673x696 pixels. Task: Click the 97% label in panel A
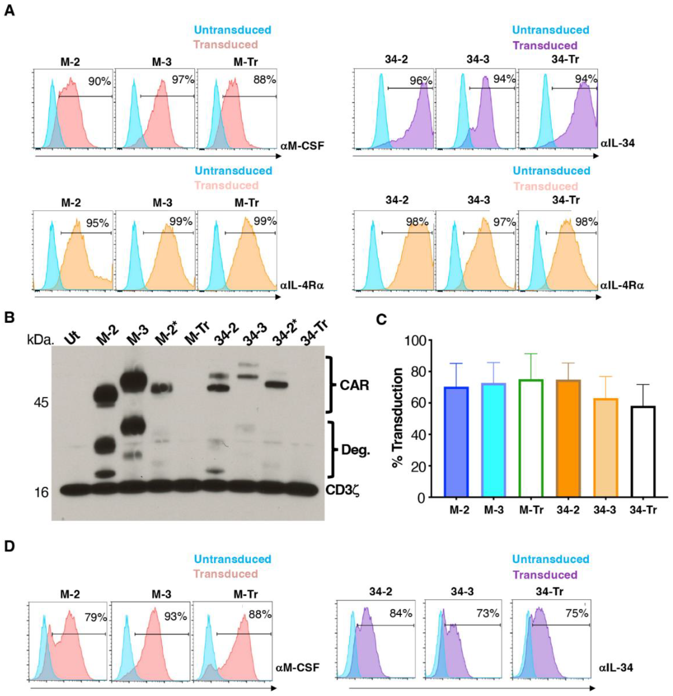[x=183, y=80]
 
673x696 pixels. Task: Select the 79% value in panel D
[x=96, y=617]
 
